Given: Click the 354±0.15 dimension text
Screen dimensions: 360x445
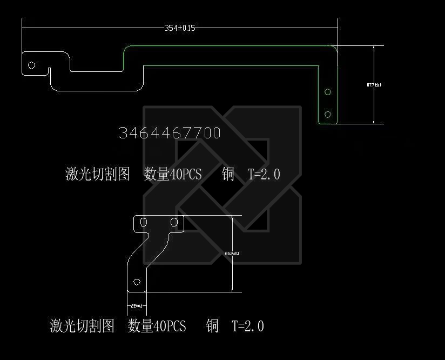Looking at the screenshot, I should tap(179, 28).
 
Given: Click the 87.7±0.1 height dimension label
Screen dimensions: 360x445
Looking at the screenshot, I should tap(374, 85).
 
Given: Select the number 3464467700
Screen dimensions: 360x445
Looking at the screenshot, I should tap(170, 133).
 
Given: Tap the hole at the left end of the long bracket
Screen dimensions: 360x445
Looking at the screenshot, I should tap(32, 65).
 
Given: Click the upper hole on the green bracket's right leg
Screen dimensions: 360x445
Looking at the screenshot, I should tap(328, 92).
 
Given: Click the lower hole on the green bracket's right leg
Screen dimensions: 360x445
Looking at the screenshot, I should tap(328, 114).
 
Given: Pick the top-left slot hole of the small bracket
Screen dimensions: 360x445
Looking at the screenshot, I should tap(144, 222).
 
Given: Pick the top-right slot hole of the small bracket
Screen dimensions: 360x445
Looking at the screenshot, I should tap(174, 222).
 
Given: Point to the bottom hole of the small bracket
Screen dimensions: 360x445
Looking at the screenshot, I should tap(137, 282).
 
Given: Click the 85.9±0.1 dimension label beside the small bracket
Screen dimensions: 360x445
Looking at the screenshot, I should tap(232, 253).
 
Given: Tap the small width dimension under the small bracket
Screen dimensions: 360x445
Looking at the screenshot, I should tap(137, 306).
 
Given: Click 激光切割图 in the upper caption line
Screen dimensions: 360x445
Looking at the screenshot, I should tap(98, 174).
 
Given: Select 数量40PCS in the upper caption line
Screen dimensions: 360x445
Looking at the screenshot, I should tap(173, 174).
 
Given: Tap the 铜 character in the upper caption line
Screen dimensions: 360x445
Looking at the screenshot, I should tap(228, 174).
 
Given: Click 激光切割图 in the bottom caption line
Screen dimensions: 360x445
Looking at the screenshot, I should tap(82, 326).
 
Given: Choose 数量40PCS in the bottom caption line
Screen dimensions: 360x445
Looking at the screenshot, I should tap(157, 326).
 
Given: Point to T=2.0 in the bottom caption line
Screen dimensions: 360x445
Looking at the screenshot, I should tap(248, 326).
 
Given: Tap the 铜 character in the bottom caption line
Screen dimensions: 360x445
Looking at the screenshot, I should tap(212, 326).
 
